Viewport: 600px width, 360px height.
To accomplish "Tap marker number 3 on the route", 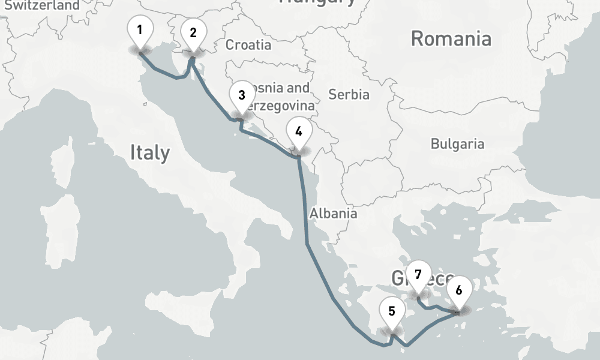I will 241,96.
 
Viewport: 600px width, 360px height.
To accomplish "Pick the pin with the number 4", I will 299,131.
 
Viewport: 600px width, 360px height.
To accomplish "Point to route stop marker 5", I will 391,312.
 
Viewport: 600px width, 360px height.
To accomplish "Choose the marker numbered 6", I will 459,291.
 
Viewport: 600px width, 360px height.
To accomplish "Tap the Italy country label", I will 149,153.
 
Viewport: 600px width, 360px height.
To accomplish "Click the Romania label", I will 451,39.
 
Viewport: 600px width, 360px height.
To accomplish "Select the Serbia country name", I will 349,94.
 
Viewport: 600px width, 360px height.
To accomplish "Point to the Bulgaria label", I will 457,144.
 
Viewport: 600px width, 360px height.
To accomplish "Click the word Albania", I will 333,213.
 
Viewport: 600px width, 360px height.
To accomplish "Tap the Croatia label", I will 248,45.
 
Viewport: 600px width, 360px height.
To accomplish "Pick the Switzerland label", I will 42,5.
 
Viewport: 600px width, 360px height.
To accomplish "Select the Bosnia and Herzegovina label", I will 279,97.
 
